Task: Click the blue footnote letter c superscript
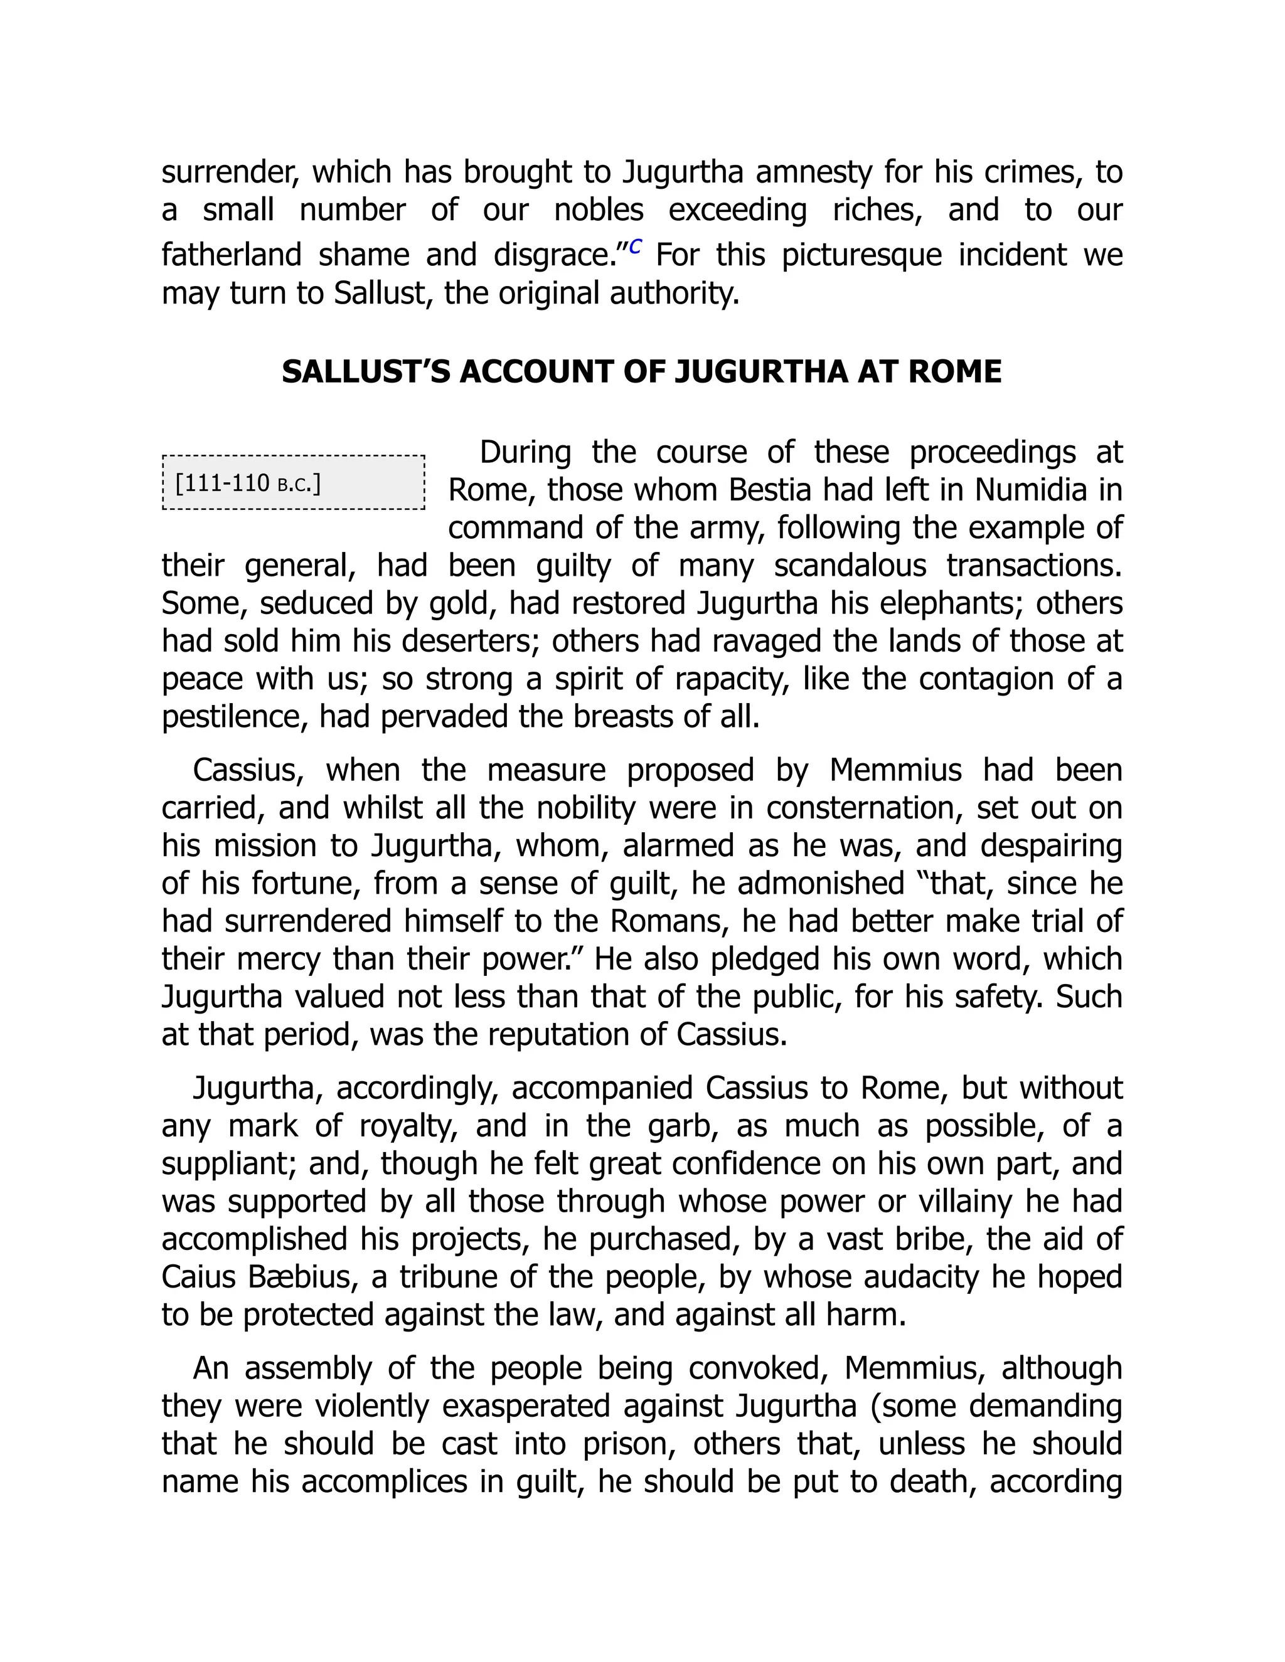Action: point(636,246)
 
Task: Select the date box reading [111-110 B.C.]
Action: point(293,482)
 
